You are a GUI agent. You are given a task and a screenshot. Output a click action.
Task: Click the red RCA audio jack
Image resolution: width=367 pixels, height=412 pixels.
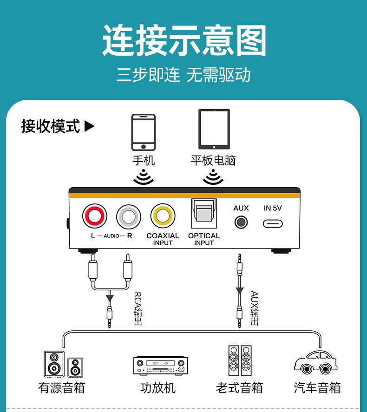[95, 216]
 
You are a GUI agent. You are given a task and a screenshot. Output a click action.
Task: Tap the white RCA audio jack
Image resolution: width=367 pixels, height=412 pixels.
[129, 216]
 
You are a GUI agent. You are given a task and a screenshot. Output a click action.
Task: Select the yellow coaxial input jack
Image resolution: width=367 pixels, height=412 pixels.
[163, 216]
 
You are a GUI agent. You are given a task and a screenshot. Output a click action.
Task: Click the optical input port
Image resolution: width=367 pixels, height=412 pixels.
[204, 213]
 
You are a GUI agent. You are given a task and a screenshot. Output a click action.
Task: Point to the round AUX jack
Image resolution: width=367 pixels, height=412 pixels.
[241, 222]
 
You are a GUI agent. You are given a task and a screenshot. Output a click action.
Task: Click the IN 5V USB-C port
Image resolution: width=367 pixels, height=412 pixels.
[273, 223]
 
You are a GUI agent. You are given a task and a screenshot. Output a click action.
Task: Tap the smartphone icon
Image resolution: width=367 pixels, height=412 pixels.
[144, 132]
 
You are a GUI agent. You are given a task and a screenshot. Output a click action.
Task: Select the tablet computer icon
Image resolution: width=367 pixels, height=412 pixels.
[214, 129]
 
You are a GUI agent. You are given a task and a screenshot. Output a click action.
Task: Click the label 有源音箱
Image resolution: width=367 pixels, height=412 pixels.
[62, 387]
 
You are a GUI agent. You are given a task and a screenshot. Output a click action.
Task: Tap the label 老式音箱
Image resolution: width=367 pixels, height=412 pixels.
[239, 387]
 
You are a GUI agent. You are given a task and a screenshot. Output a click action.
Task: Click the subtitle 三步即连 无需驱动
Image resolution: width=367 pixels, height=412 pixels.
[183, 75]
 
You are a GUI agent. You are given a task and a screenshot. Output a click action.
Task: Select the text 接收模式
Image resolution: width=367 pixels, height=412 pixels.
[51, 126]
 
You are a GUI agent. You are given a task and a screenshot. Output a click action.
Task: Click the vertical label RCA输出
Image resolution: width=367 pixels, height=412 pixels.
[138, 308]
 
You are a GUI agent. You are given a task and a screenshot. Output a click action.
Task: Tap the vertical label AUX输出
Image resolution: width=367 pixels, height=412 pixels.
[255, 308]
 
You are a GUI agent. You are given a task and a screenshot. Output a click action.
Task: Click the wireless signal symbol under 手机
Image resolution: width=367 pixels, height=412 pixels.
[144, 177]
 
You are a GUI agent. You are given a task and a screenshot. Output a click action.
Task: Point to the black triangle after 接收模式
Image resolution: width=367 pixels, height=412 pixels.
[90, 126]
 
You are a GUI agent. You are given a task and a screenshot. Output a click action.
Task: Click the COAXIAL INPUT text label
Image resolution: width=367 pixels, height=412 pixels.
[163, 239]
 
